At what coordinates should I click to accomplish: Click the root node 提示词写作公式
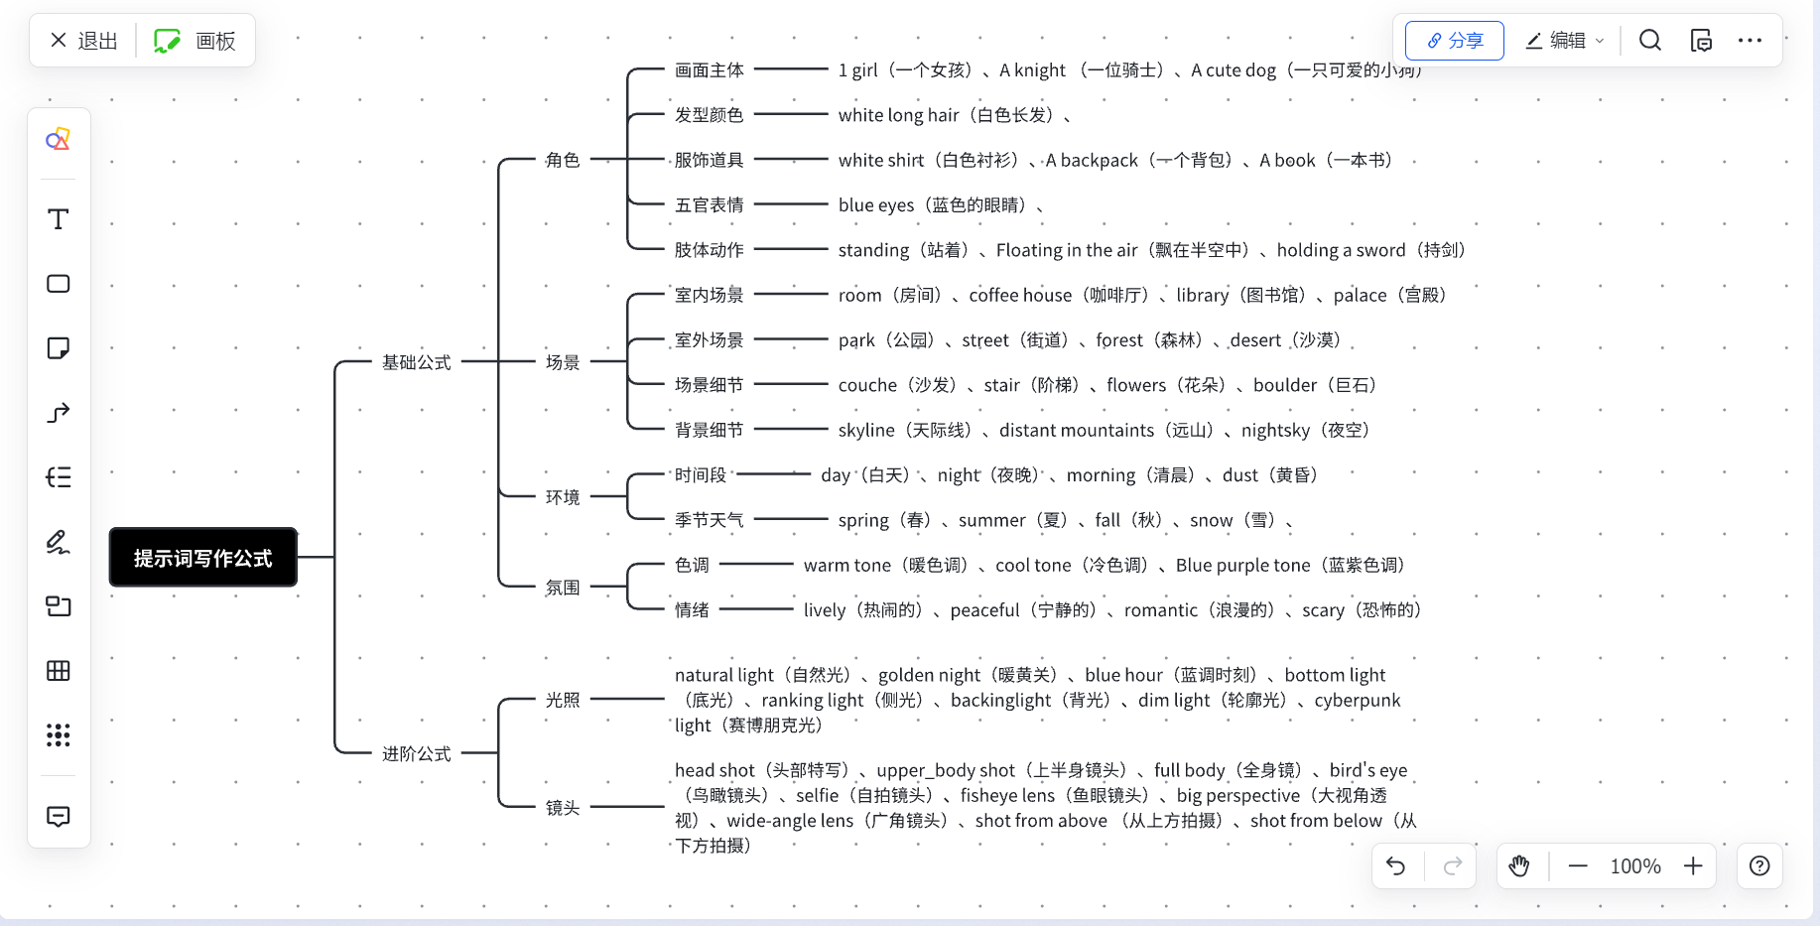pos(203,558)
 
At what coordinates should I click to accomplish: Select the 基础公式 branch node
pos(417,362)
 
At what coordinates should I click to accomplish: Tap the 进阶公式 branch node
pos(417,754)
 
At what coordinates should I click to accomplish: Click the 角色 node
pos(563,160)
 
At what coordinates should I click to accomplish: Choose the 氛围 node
pos(563,588)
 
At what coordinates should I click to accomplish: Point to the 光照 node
pos(563,700)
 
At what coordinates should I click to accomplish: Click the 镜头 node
pos(563,808)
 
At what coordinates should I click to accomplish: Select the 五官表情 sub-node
pos(709,205)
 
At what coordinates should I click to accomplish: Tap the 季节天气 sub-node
pos(709,520)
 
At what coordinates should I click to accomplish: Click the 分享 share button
pos(1455,41)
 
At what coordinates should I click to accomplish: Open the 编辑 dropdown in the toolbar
pos(1565,41)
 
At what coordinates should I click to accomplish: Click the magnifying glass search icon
pos(1650,41)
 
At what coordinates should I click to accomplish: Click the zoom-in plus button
pos(1693,866)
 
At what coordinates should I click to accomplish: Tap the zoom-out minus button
pos(1578,866)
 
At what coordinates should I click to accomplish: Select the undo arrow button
pos(1396,866)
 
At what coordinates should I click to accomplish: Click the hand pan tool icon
pos(1519,866)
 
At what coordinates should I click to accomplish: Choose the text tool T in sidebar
pos(59,219)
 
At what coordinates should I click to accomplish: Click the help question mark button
pos(1759,866)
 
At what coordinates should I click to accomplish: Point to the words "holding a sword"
pos(1341,250)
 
